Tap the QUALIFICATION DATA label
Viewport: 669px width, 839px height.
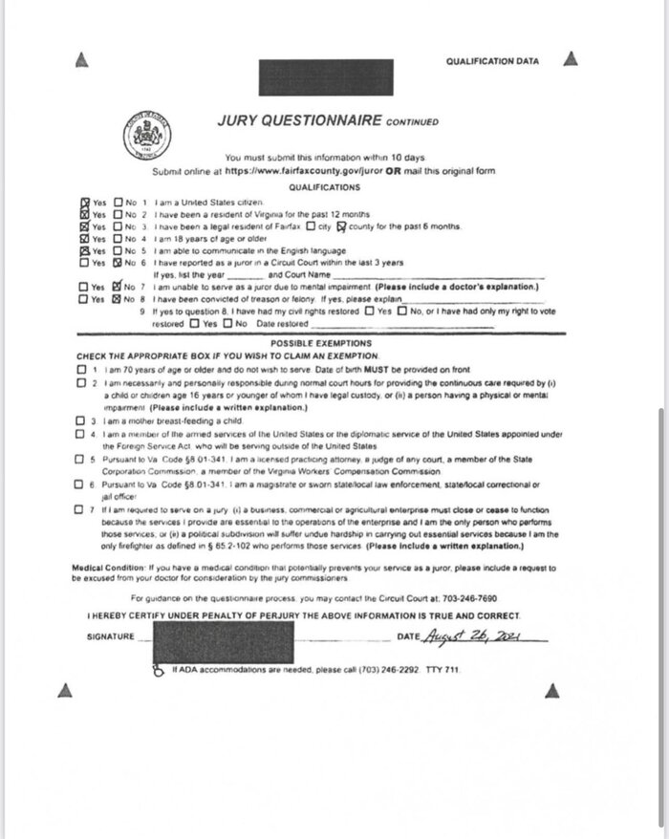[x=493, y=61]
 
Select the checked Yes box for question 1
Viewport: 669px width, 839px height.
[x=85, y=203]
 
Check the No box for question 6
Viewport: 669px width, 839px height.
[x=118, y=261]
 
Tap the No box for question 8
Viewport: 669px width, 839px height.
[x=118, y=297]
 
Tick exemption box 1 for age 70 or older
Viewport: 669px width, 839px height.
[x=81, y=368]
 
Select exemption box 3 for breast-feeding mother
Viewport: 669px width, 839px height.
[x=81, y=420]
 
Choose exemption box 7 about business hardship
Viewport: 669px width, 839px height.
[x=81, y=510]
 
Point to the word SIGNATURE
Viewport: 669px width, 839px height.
[x=107, y=636]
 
